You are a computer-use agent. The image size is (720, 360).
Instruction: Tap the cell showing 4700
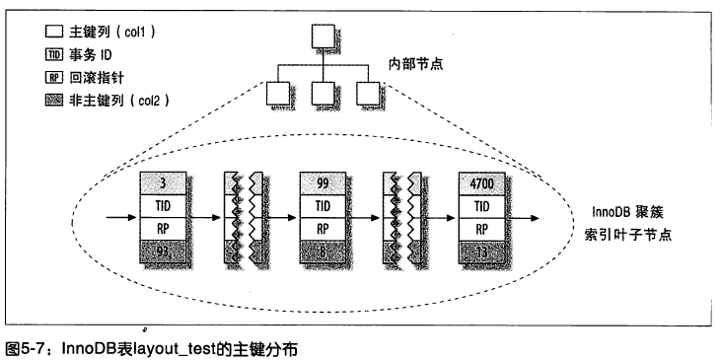coord(483,181)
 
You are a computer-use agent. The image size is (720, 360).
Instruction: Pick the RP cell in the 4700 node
coord(483,228)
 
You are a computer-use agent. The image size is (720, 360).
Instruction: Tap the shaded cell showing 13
coord(483,252)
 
